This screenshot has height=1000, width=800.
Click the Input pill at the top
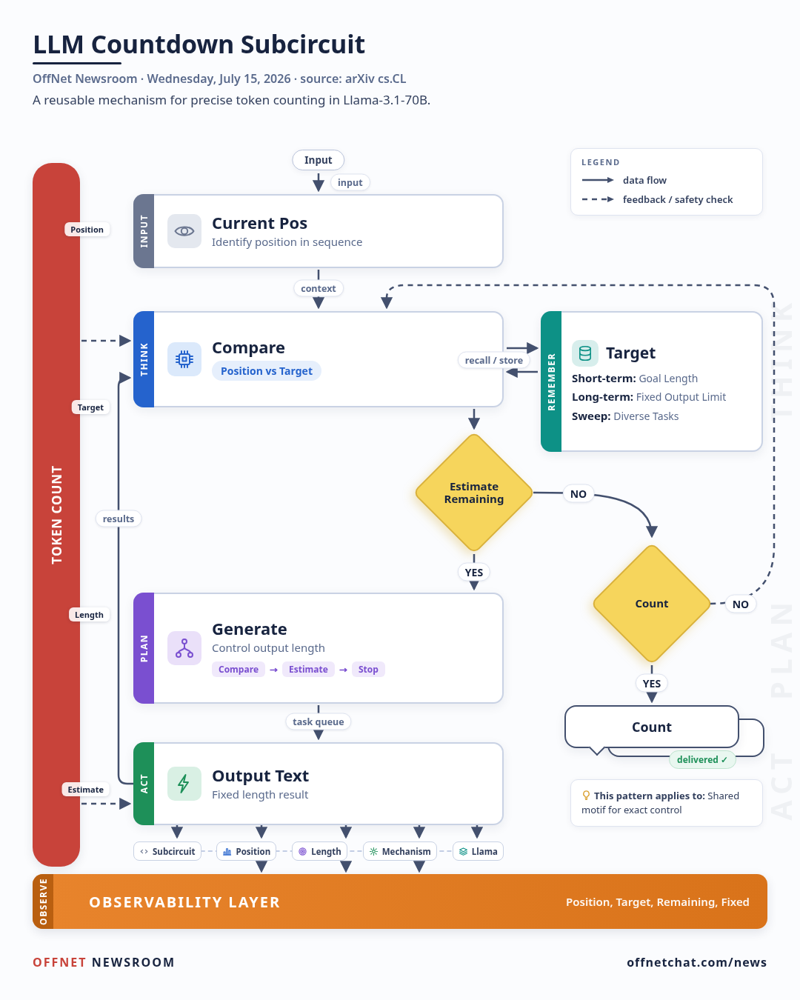pyautogui.click(x=318, y=160)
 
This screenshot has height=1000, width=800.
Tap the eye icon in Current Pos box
pyautogui.click(x=184, y=231)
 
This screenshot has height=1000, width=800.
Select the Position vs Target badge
pyautogui.click(x=267, y=371)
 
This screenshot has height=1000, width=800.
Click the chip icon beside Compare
pyautogui.click(x=184, y=359)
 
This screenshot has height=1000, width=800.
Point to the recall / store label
pyautogui.click(x=493, y=360)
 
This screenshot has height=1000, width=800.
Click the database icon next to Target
pyautogui.click(x=584, y=353)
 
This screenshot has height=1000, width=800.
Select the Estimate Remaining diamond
pyautogui.click(x=473, y=493)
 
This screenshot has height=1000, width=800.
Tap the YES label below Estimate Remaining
pyautogui.click(x=473, y=573)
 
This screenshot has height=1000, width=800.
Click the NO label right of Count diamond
pyautogui.click(x=740, y=604)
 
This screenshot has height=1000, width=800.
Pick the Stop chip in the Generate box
pyautogui.click(x=368, y=669)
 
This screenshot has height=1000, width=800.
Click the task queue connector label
pyautogui.click(x=318, y=721)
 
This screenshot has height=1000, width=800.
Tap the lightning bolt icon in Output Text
pyautogui.click(x=184, y=784)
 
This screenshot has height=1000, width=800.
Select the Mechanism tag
pyautogui.click(x=400, y=851)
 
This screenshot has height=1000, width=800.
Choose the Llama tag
pyautogui.click(x=478, y=851)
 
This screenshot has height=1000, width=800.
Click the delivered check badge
pyautogui.click(x=702, y=759)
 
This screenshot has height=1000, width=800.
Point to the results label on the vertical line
pyautogui.click(x=118, y=519)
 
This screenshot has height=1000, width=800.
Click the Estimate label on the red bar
pyautogui.click(x=85, y=790)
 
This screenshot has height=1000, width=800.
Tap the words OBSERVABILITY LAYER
pyautogui.click(x=184, y=902)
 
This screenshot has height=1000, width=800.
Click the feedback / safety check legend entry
pyautogui.click(x=657, y=199)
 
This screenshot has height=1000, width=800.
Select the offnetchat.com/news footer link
pyautogui.click(x=696, y=962)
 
